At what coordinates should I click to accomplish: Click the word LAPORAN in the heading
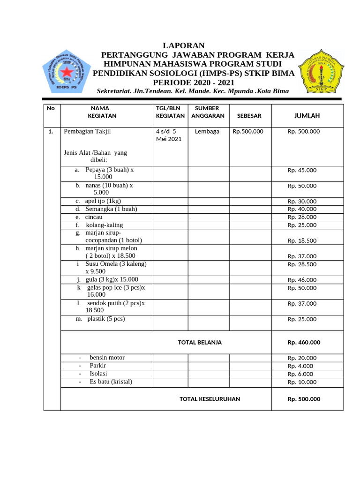[x=183, y=45]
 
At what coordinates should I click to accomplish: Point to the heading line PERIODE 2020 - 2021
[x=194, y=82]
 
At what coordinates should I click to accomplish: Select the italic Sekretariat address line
[x=193, y=91]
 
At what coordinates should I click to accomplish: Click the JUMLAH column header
[x=307, y=116]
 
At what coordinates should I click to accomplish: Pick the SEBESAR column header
[x=249, y=116]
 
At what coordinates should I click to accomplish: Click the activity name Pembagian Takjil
[x=88, y=132]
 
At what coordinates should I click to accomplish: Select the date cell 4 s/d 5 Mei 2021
[x=169, y=135]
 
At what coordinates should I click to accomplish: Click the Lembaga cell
[x=207, y=132]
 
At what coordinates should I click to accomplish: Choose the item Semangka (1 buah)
[x=111, y=209]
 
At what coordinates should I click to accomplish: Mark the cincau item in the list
[x=93, y=217]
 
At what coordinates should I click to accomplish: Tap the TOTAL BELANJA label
[x=200, y=343]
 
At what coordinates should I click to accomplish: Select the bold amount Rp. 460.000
[x=304, y=343]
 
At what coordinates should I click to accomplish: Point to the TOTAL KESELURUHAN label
[x=210, y=399]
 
